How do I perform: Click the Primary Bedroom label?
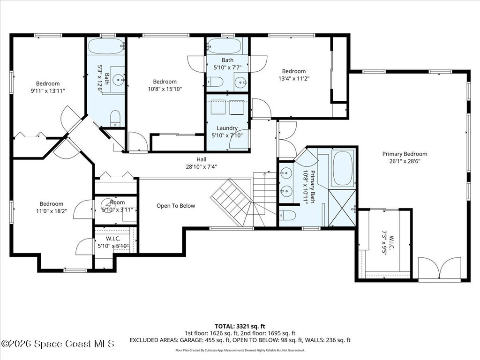pyautogui.click(x=405, y=154)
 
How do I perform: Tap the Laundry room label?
pyautogui.click(x=227, y=128)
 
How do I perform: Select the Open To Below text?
pyautogui.click(x=176, y=206)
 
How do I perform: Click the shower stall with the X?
pyautogui.click(x=342, y=208)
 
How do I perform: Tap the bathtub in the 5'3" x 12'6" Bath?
pyautogui.click(x=106, y=46)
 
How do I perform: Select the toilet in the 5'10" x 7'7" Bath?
pyautogui.click(x=215, y=82)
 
